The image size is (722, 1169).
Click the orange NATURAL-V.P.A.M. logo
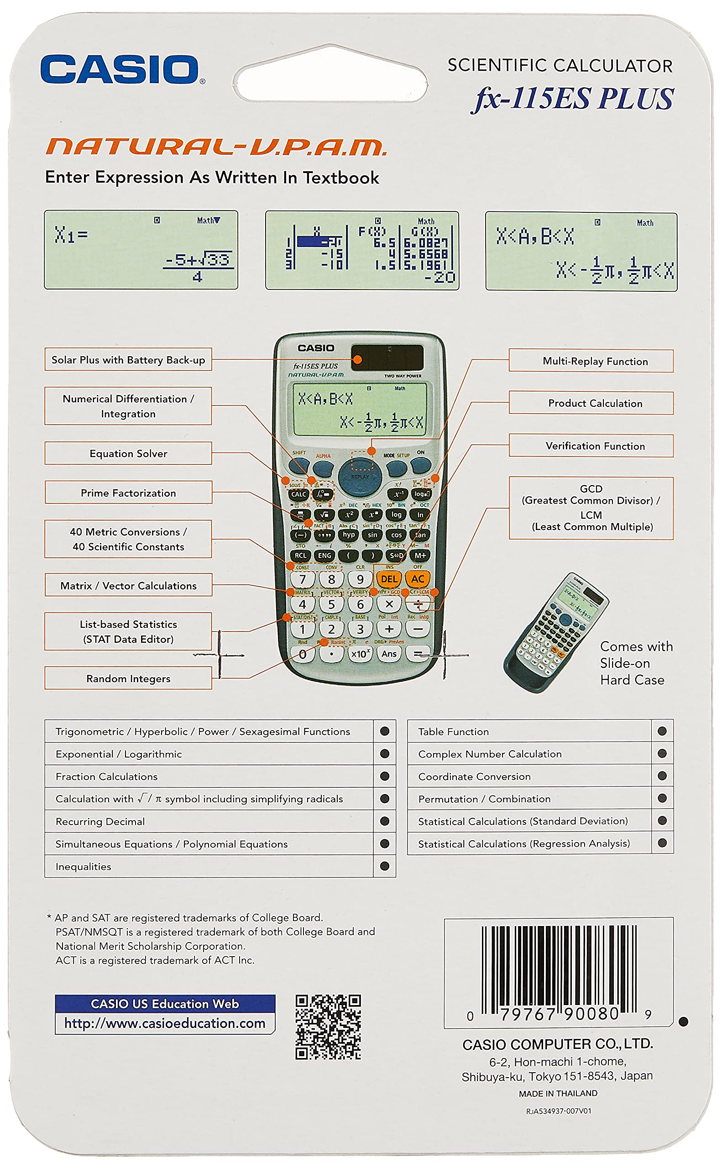click(x=216, y=147)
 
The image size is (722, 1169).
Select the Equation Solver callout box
click(x=128, y=453)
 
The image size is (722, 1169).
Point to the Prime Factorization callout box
click(x=128, y=493)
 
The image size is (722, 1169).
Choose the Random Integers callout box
click(x=128, y=679)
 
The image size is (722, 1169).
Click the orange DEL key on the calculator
click(x=389, y=579)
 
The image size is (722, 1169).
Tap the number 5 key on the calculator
click(x=331, y=605)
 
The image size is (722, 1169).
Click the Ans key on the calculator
click(x=389, y=654)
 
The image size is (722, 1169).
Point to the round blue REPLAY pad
click(x=361, y=476)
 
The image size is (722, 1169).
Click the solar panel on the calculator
click(x=387, y=358)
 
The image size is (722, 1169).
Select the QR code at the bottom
click(x=328, y=1027)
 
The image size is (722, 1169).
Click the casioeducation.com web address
click(x=165, y=1023)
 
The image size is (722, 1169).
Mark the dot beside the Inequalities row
click(x=384, y=866)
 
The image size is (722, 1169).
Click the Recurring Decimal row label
click(x=100, y=821)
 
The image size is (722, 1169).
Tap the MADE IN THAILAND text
click(x=558, y=1094)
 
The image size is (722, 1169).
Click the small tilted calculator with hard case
click(x=556, y=632)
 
